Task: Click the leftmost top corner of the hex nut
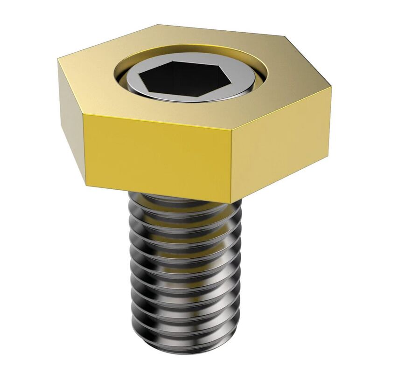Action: pyautogui.click(x=58, y=59)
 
